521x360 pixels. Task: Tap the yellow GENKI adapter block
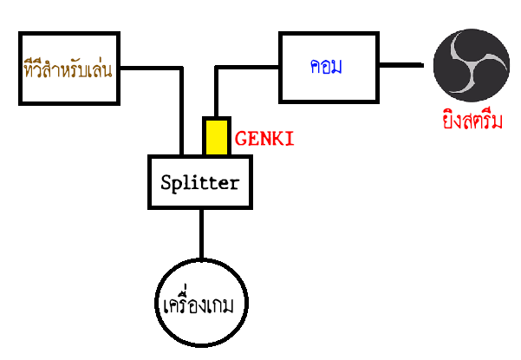coord(217,137)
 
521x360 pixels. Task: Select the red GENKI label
coord(264,137)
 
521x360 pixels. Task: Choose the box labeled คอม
coord(329,65)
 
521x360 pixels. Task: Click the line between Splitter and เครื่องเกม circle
coord(201,234)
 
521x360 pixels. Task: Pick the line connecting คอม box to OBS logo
coord(406,65)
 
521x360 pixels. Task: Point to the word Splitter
coord(199,183)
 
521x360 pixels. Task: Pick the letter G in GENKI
coord(241,137)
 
